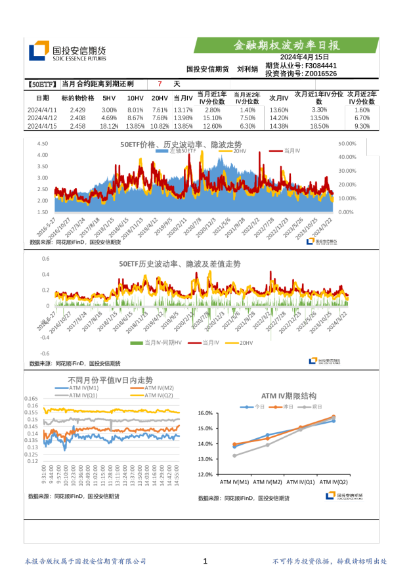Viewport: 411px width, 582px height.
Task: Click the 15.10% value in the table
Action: pos(213,118)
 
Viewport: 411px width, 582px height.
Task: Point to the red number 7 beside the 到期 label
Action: pos(159,85)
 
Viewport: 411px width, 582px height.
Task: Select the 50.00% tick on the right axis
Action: pos(346,143)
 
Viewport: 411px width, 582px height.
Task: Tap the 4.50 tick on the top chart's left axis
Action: pos(42,143)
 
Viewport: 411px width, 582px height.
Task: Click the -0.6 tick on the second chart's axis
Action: pos(45,353)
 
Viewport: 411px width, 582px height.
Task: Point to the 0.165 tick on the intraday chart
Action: pos(31,399)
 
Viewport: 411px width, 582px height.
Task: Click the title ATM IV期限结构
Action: pos(288,396)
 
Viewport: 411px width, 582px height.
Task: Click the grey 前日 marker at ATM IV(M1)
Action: pos(234,455)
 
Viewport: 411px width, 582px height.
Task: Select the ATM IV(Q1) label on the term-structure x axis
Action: pos(301,481)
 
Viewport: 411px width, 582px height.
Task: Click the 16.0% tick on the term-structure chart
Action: pos(205,413)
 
